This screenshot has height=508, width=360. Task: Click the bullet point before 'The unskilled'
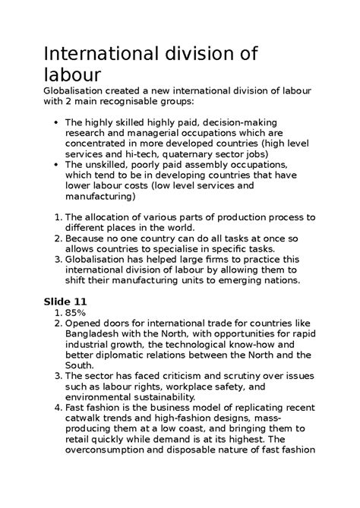58,165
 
